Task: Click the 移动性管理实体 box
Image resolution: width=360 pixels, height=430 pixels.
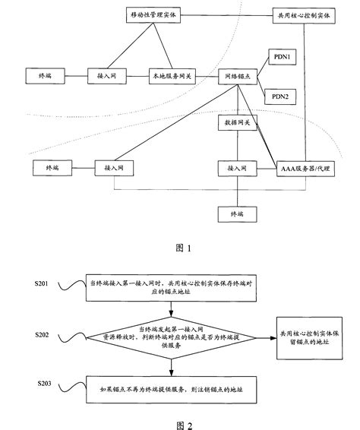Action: (152, 15)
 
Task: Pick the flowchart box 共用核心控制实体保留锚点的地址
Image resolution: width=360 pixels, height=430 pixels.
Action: (311, 335)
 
